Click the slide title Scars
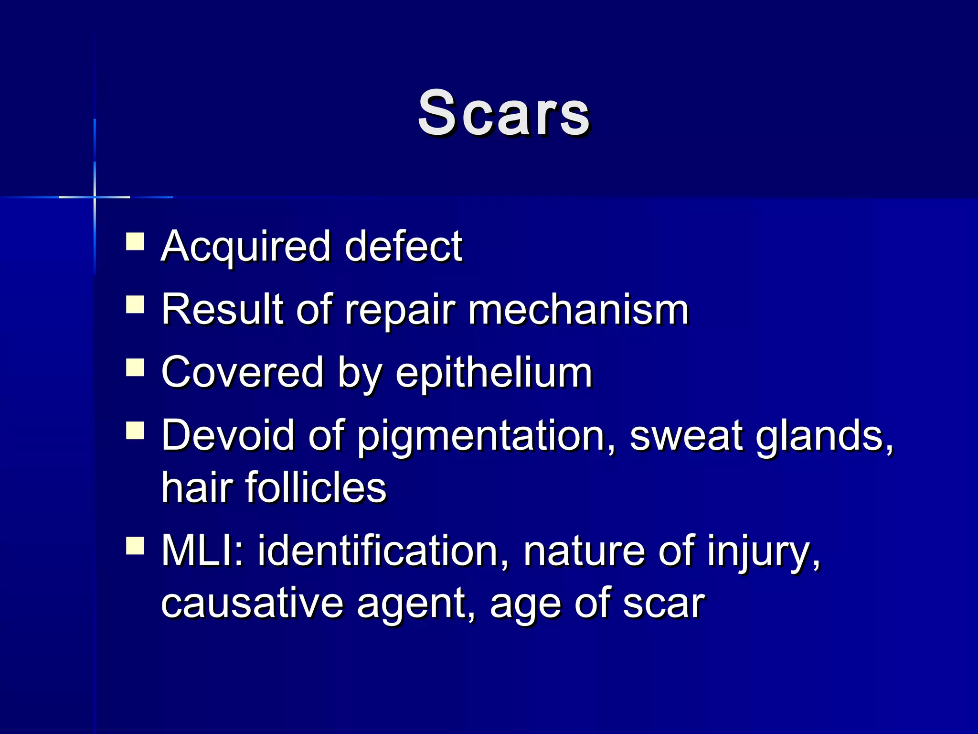click(x=504, y=114)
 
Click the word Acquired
click(x=246, y=247)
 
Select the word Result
click(x=222, y=310)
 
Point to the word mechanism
click(x=578, y=310)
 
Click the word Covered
click(x=243, y=372)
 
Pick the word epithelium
click(x=494, y=373)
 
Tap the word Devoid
click(x=228, y=435)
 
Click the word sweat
click(x=685, y=435)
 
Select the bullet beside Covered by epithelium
click(x=135, y=367)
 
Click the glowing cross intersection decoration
click(x=95, y=197)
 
